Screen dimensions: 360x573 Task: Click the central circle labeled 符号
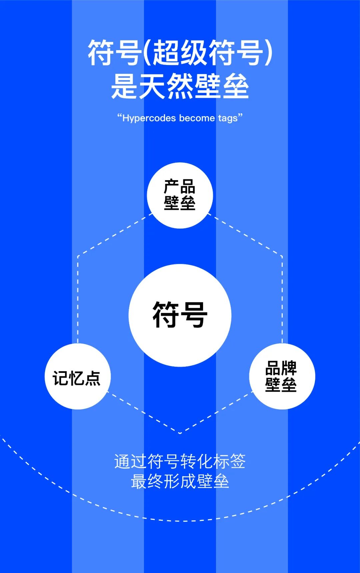click(180, 315)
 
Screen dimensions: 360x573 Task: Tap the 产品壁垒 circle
click(180, 195)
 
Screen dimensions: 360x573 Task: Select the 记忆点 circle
click(77, 377)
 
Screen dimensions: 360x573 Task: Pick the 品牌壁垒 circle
click(282, 377)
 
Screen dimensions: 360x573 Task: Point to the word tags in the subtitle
click(228, 118)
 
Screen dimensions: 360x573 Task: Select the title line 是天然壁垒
click(180, 86)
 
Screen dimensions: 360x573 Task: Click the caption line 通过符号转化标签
click(180, 462)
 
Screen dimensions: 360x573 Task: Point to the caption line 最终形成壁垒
click(180, 481)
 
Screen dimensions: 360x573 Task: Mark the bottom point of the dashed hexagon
click(180, 433)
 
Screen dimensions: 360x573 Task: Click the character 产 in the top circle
click(171, 186)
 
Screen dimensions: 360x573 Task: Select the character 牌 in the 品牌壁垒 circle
click(289, 368)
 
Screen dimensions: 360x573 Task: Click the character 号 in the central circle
click(194, 315)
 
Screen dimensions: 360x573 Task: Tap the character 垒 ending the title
click(236, 86)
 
